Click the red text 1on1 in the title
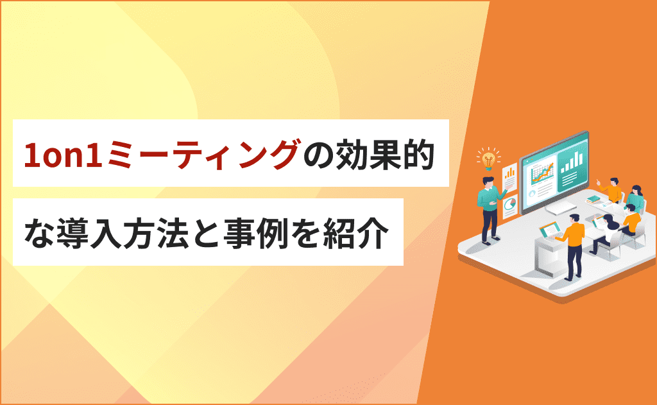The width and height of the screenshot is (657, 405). (x=64, y=154)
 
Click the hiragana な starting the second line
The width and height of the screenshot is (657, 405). (x=39, y=233)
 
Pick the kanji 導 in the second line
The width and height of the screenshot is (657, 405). (x=72, y=233)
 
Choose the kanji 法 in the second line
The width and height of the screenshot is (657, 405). (x=172, y=233)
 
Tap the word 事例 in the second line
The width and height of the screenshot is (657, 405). (x=255, y=233)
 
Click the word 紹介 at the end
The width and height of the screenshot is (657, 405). (x=355, y=233)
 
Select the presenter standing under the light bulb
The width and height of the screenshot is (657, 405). (x=489, y=210)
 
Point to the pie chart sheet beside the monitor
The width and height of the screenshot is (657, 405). (x=510, y=205)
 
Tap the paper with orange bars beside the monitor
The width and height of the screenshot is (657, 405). (x=509, y=176)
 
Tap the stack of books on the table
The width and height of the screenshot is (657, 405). (x=595, y=200)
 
